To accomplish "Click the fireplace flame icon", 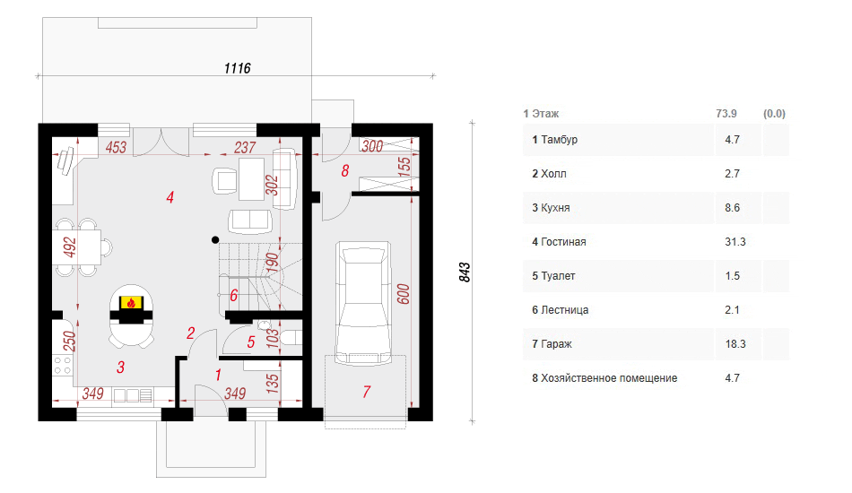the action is tap(131, 302).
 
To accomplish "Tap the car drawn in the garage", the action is tap(363, 304).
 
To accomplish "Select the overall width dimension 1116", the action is tap(238, 68).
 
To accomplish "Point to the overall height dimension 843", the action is tap(465, 272).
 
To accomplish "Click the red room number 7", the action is tap(367, 392).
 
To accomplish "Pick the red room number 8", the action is tap(345, 171).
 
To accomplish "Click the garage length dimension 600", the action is tap(403, 294).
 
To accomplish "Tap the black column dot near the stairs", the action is tap(216, 239).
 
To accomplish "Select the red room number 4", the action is tap(170, 197).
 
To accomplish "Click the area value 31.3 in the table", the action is tap(735, 242).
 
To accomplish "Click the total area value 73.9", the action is tap(726, 114).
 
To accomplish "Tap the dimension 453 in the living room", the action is tap(116, 147).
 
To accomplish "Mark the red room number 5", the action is tap(251, 342).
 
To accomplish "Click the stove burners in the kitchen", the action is tap(62, 365).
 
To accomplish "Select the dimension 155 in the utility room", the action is tap(404, 166).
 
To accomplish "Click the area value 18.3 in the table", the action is tap(735, 343).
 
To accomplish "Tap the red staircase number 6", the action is tap(234, 296).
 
